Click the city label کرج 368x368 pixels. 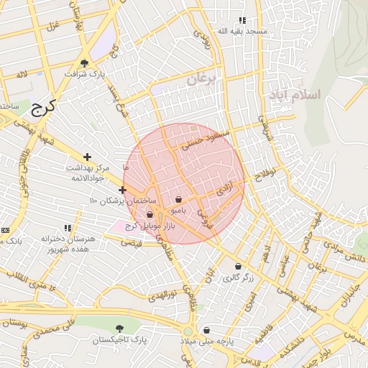click(43, 107)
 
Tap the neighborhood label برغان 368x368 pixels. click(201, 80)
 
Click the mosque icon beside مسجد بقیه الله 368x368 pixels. click(242, 21)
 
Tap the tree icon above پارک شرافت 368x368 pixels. click(85, 63)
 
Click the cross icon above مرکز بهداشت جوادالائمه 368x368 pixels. click(87, 156)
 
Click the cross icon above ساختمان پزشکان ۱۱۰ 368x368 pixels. click(122, 190)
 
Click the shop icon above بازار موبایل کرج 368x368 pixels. click(149, 215)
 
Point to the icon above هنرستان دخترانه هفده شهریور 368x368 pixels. click(68, 228)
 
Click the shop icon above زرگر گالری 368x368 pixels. click(238, 266)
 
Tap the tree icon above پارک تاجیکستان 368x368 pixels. click(119, 328)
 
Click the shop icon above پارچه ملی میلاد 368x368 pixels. click(207, 330)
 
